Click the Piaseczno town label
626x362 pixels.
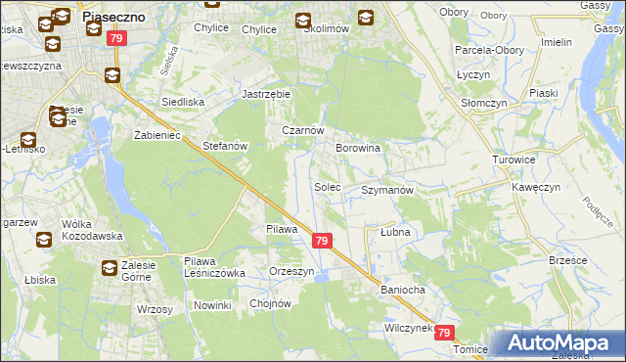point(115,16)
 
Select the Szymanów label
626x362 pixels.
point(388,190)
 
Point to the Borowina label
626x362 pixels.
point(358,148)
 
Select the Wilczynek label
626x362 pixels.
point(409,329)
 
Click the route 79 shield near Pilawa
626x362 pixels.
point(322,240)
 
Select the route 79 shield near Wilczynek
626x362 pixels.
point(446,333)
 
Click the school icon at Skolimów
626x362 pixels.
point(303,19)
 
